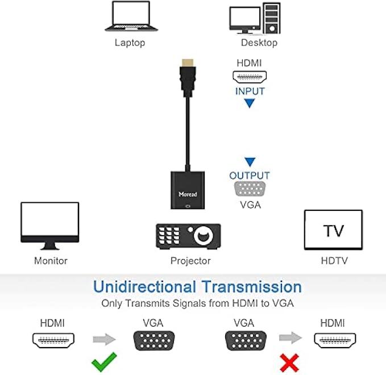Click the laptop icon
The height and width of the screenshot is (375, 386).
coord(130,16)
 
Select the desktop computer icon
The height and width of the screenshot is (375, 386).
coord(255,19)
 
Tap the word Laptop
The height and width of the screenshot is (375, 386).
coord(130,43)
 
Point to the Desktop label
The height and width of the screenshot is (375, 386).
coord(259,43)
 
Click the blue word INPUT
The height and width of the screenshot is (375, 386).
coord(250,90)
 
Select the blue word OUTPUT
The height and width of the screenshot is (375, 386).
coord(250,176)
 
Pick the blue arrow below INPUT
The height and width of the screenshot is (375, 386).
coord(250,103)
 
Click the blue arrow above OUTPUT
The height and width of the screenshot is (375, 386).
coord(250,162)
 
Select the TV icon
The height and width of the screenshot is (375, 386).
coord(333,230)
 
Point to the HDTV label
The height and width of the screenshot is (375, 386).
coord(334,261)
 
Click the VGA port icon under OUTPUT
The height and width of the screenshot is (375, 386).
coord(250,189)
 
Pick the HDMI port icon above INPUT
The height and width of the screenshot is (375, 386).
coord(250,77)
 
